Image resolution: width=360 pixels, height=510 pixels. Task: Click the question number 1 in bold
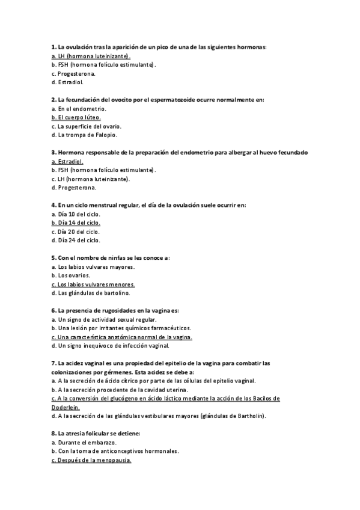point(53,46)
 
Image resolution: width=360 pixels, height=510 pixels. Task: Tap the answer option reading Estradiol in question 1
point(68,82)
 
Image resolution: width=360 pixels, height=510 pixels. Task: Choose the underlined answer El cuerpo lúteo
point(76,117)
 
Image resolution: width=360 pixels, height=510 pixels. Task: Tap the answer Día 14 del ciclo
point(76,223)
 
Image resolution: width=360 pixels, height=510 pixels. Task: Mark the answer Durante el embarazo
point(84,442)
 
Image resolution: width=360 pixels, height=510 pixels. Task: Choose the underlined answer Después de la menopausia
point(91,460)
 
